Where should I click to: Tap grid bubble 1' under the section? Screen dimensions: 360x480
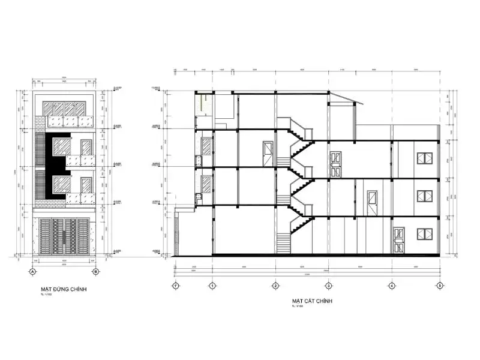pos(175,286)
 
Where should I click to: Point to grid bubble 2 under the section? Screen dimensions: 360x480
pos(275,286)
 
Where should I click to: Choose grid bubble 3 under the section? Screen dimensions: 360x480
pos(328,286)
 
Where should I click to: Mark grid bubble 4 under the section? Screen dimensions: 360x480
pos(391,286)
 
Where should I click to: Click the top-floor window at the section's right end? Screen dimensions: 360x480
pos(424,159)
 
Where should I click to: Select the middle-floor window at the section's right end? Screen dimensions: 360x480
pos(424,196)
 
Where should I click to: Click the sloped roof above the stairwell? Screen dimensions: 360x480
pos(344,100)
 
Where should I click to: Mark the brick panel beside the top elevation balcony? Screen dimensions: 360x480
pos(40,122)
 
